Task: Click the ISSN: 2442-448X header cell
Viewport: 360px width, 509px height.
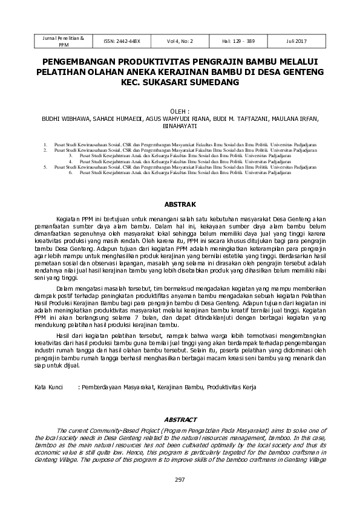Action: coord(122,41)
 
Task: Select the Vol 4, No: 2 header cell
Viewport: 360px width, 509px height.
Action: coord(180,41)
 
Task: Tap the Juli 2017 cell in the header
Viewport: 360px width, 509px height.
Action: coord(297,41)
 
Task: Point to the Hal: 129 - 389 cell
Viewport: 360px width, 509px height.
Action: coord(238,41)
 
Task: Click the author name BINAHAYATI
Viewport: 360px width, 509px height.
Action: coord(180,128)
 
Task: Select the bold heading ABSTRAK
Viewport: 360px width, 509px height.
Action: coord(179,204)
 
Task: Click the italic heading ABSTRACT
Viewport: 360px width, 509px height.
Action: coord(180,420)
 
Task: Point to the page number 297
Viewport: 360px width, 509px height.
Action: coord(180,479)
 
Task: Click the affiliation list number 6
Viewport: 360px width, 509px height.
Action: coord(71,172)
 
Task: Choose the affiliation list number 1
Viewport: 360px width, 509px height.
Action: coord(45,145)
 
